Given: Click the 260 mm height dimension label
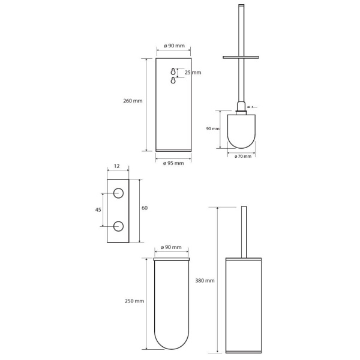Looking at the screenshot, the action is click(133, 101).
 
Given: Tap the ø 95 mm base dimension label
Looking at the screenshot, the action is click(173, 163).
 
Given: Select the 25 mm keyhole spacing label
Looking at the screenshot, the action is click(193, 73).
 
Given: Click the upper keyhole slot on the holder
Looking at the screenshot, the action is click(173, 71).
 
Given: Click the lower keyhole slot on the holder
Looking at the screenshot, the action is click(173, 80).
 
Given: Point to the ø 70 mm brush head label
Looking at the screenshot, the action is click(243, 157).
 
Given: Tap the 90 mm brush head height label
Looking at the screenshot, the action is click(213, 129).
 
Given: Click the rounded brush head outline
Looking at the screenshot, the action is click(241, 148).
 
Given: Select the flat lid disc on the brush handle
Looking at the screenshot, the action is click(241, 57).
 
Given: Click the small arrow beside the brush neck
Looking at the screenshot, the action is click(254, 107).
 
